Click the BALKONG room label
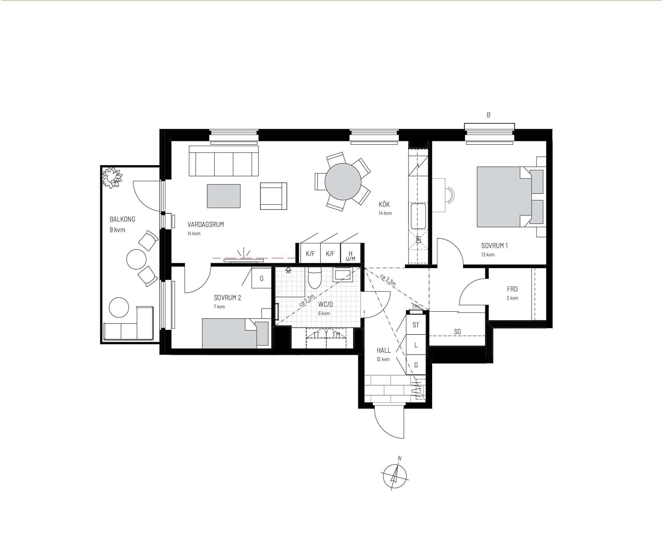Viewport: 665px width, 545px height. point(122,219)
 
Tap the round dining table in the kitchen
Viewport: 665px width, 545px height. point(343,182)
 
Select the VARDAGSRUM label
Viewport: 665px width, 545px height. point(206,224)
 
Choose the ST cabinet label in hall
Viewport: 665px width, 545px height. point(416,325)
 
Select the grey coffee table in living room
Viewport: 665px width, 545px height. point(224,196)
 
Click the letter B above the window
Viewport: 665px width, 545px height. point(488,115)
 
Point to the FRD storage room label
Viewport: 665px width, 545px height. point(512,289)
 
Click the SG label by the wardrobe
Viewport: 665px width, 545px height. point(458,332)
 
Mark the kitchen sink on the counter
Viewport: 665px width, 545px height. point(418,216)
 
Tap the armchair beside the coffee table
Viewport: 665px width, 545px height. point(273,196)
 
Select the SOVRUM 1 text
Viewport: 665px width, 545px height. point(494,246)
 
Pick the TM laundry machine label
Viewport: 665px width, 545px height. point(336,335)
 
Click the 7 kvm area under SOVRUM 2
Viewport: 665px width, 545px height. point(219,307)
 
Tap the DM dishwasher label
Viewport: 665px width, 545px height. point(419,240)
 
